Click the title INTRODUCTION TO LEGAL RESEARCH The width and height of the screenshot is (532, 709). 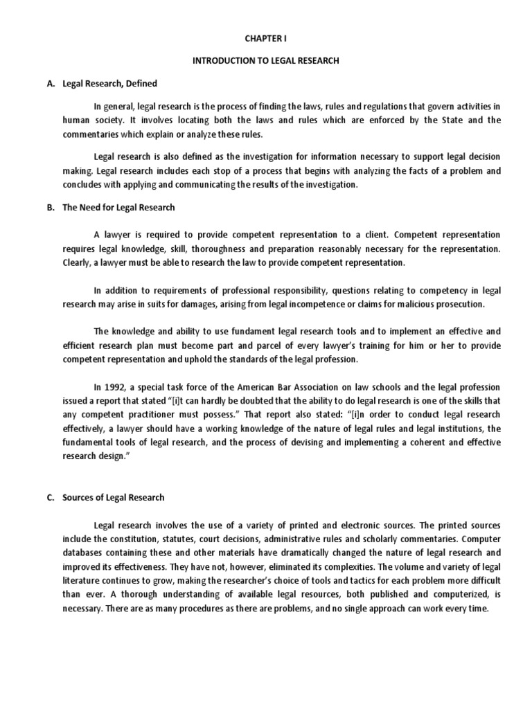265,61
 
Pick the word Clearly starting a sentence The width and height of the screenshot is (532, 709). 42,262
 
